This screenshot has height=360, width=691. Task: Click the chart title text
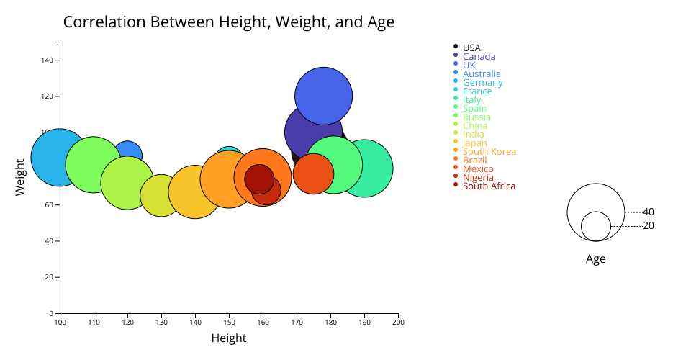pos(229,22)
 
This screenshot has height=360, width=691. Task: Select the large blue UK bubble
pos(323,95)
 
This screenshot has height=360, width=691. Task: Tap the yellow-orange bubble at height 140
pos(194,192)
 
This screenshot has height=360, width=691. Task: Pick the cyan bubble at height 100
pos(60,157)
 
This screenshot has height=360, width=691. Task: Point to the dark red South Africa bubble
pos(258,179)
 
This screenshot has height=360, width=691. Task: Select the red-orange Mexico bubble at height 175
pos(313,174)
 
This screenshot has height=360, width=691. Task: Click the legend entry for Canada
pos(479,56)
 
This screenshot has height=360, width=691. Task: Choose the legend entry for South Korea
pos(489,151)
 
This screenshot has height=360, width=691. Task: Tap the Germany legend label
pos(482,82)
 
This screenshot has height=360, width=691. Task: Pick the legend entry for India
pos(473,134)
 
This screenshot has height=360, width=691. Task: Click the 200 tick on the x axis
pos(397,321)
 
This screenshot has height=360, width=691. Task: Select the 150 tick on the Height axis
pos(229,321)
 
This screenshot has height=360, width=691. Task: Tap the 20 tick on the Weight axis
pos(51,276)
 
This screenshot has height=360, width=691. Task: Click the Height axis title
pos(229,338)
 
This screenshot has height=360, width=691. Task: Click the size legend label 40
pos(649,212)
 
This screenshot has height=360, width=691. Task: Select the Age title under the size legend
pos(595,259)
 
